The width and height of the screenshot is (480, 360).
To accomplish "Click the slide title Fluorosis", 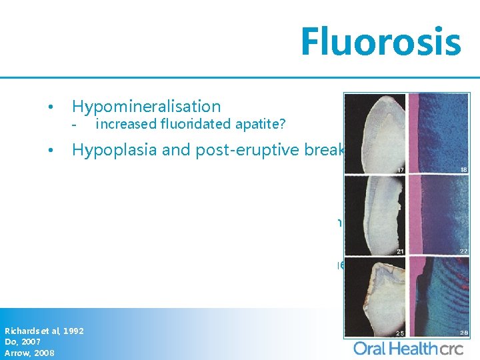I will pos(380,41).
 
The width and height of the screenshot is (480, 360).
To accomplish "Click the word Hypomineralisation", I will pos(146,106).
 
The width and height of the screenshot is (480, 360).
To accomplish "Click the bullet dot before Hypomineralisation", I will pos(50,107).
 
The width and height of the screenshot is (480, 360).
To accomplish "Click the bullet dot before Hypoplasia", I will pos(50,151).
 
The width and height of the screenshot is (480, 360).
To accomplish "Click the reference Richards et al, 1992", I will pos(44,331).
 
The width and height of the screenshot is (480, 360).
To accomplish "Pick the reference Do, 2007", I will pos(23,342).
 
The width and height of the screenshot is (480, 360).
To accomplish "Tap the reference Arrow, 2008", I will pos(29,353).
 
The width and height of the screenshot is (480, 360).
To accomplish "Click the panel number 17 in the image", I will pos(400,171).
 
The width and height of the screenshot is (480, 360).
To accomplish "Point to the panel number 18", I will pos(463,171).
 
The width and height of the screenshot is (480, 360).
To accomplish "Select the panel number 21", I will pos(400,251).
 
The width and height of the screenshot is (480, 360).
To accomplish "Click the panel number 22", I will pos(463,251).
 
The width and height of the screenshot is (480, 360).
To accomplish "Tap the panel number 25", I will pos(400,331).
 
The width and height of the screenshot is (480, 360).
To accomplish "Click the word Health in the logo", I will pos(411,347).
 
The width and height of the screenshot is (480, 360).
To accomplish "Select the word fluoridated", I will pos(187,123).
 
